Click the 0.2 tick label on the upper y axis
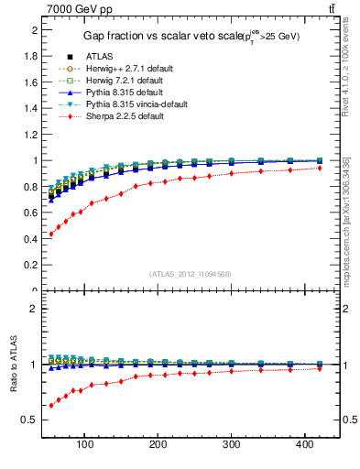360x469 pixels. tap(32, 266)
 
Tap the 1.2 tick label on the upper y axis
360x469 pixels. tap(32, 135)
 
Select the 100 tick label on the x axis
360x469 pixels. tap(85, 444)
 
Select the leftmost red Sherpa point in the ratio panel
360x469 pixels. tap(51, 405)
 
